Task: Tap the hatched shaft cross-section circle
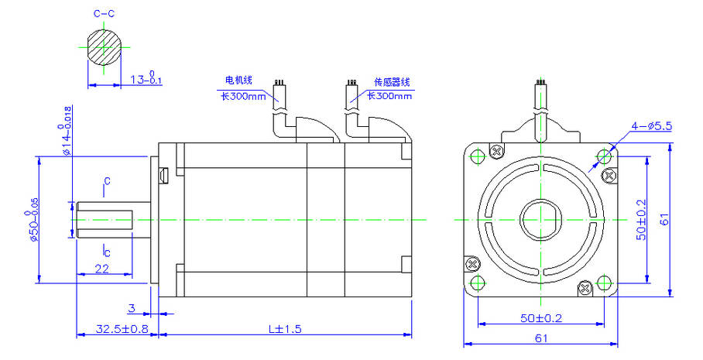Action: tap(105, 48)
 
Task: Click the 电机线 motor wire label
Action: tap(238, 81)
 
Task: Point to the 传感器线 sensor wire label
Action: tap(392, 81)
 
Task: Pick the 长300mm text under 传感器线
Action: tap(389, 96)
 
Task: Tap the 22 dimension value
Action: tap(101, 268)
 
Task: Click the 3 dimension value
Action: tap(131, 308)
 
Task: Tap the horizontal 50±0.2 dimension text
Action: tap(540, 318)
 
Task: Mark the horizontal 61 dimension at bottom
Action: tap(540, 338)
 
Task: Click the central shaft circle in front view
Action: tap(540, 219)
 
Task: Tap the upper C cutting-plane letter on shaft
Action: tap(107, 181)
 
